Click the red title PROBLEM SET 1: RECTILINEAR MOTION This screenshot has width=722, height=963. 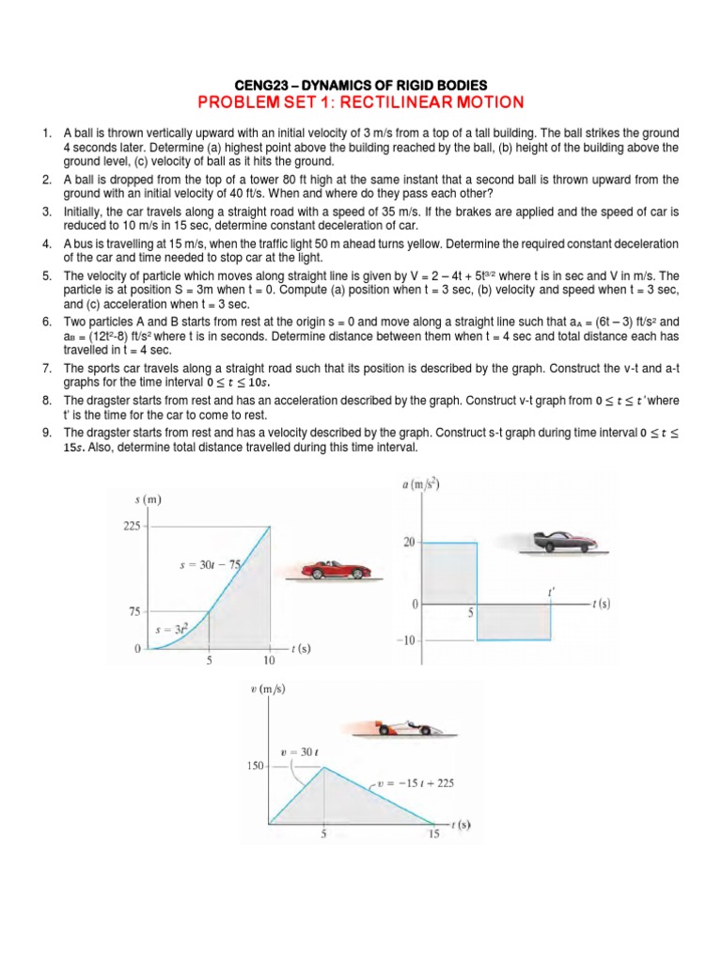pyautogui.click(x=361, y=102)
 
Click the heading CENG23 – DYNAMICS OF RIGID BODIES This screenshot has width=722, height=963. pyautogui.click(x=361, y=85)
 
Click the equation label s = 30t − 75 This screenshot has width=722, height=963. pyautogui.click(x=210, y=565)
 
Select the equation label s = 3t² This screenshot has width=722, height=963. pyautogui.click(x=170, y=629)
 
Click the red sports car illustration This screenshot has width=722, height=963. pyautogui.click(x=337, y=567)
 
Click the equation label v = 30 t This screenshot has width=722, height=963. pyautogui.click(x=301, y=752)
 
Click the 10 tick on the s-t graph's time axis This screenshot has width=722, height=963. pyautogui.click(x=270, y=661)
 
